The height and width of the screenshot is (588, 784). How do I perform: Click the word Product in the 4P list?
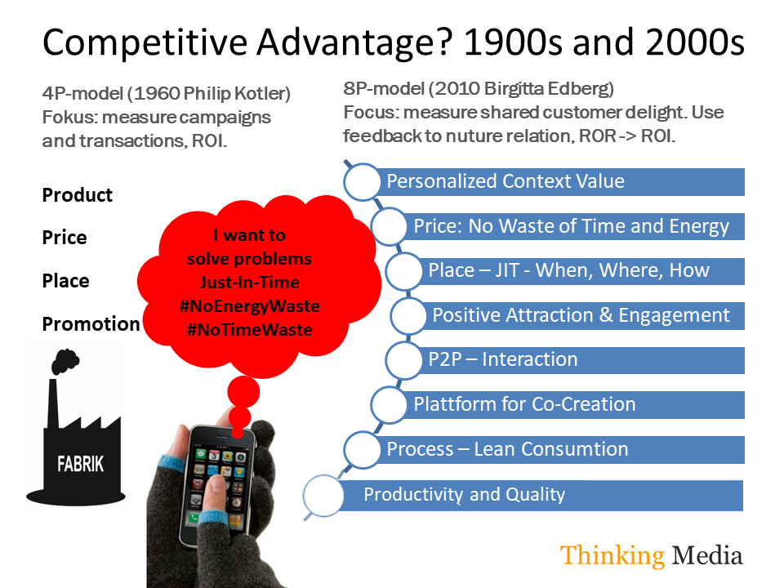tap(77, 195)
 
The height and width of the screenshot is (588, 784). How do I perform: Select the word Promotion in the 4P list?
tap(91, 324)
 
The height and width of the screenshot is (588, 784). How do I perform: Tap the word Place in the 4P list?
tap(65, 281)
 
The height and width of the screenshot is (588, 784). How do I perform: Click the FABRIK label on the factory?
tap(81, 464)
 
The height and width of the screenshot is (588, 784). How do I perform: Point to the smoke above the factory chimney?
tap(65, 361)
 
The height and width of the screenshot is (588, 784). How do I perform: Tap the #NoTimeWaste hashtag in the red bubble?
tap(250, 330)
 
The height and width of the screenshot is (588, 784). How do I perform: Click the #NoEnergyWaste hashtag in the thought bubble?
tap(250, 306)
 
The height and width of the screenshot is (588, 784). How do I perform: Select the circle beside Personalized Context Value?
tap(362, 182)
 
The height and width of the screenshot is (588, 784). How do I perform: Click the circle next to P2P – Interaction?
tap(404, 360)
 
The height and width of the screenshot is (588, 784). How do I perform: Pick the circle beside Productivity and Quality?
tap(323, 496)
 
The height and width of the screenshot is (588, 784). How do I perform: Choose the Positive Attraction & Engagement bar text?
tap(581, 315)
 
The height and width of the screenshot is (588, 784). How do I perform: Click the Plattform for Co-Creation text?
tap(524, 404)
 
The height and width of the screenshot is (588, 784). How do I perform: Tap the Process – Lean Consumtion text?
tap(507, 449)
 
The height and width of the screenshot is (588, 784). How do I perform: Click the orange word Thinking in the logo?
tap(612, 555)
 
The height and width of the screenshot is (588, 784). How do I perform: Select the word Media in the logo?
tap(707, 555)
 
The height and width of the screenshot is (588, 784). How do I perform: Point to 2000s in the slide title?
tap(694, 42)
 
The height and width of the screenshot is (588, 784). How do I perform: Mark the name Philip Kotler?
tap(234, 93)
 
